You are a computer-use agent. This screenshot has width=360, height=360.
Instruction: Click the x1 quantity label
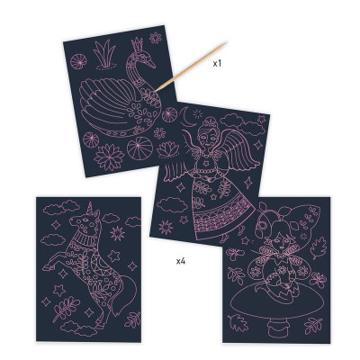pyautogui.click(x=217, y=63)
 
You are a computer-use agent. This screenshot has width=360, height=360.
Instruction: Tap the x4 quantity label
pyautogui.click(x=181, y=261)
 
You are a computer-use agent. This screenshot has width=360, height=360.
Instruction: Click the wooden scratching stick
pyautogui.click(x=191, y=67)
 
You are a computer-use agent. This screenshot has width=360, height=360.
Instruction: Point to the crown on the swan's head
pyautogui.click(x=138, y=45)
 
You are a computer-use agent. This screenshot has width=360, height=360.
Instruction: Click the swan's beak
pyautogui.click(x=150, y=63)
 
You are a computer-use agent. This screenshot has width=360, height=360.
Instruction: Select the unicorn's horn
pyautogui.click(x=89, y=209)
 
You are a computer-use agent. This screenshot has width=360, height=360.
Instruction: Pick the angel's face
pyautogui.click(x=208, y=139)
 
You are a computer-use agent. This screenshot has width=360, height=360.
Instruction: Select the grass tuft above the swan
pyautogui.click(x=103, y=54)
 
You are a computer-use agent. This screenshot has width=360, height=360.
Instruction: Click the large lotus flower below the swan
pyautogui.click(x=109, y=157)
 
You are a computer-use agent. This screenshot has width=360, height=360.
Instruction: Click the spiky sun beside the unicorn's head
pyautogui.click(x=117, y=233)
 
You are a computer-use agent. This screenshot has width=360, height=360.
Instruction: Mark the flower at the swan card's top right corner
pyautogui.click(x=156, y=38)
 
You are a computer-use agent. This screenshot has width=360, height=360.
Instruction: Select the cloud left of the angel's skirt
pyautogui.click(x=172, y=205)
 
